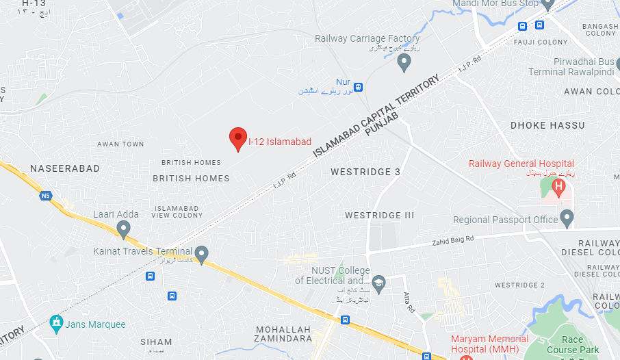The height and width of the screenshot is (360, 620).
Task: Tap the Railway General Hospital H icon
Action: pyautogui.click(x=558, y=186)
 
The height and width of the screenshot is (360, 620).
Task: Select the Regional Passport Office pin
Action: pyautogui.click(x=567, y=219)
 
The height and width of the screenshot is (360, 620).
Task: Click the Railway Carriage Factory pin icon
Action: pyautogui.click(x=404, y=64)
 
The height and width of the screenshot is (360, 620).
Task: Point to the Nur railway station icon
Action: pyautogui.click(x=359, y=87)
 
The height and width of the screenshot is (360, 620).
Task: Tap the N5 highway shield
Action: pyautogui.click(x=46, y=196)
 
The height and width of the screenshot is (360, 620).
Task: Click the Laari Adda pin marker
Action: pyautogui.click(x=123, y=228)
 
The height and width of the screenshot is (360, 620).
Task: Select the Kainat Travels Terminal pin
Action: pyautogui.click(x=201, y=255)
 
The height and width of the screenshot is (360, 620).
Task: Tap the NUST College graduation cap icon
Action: pyautogui.click(x=378, y=281)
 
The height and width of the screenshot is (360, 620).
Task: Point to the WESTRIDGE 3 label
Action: pyautogui.click(x=365, y=172)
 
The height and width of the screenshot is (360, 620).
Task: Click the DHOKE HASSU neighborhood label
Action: pyautogui.click(x=547, y=125)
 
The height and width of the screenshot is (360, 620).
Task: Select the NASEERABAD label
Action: pyautogui.click(x=65, y=168)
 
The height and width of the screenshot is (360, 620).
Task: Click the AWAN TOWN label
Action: pyautogui.click(x=120, y=144)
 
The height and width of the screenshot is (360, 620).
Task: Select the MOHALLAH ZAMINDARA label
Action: pyautogui.click(x=283, y=334)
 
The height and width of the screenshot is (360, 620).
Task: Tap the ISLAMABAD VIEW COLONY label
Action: pyautogui.click(x=179, y=211)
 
